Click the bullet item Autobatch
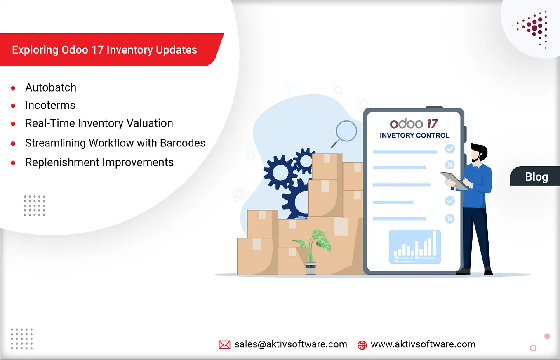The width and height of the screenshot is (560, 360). (51, 87)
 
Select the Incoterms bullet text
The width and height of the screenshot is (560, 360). (50, 105)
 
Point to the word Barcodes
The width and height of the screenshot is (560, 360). (183, 143)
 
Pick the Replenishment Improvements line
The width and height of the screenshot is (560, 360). (99, 162)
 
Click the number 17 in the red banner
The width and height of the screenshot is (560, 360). (97, 50)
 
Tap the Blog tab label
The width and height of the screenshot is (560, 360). (536, 177)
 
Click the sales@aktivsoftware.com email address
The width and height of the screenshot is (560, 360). (291, 344)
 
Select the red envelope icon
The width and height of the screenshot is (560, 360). (224, 345)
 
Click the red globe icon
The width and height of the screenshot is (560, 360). (362, 345)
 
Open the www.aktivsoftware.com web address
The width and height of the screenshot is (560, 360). (423, 344)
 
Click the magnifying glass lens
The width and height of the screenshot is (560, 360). (346, 131)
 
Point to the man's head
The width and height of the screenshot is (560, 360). (478, 152)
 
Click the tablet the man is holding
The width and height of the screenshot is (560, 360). (454, 181)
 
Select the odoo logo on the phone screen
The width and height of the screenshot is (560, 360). (406, 124)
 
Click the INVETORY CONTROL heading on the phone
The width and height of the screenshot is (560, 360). (414, 136)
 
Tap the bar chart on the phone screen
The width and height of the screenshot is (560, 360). (415, 247)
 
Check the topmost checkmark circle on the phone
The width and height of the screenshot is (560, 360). (450, 148)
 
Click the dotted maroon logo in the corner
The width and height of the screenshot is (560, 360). (532, 29)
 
